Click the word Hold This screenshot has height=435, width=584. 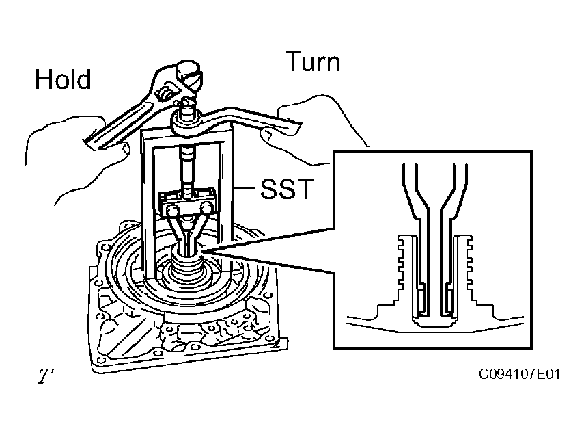(x=63, y=79)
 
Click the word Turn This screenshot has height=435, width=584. (x=313, y=62)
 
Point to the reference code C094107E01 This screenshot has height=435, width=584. (x=519, y=374)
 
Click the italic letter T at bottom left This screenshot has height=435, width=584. (x=45, y=375)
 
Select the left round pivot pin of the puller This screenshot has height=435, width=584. (x=172, y=210)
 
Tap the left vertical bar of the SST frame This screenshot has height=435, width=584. (x=147, y=203)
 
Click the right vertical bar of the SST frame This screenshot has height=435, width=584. (x=228, y=202)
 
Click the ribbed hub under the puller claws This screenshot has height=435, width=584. (x=188, y=267)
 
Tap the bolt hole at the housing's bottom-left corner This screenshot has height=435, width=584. (x=99, y=360)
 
